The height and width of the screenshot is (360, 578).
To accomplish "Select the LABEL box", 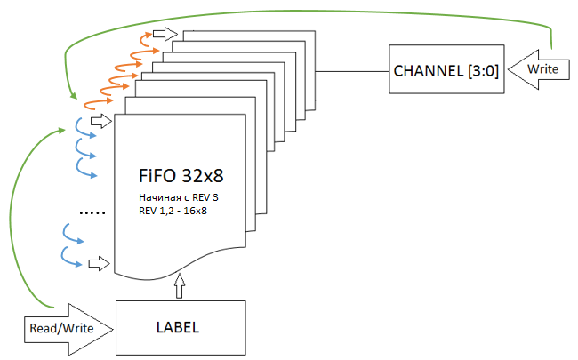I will (x=180, y=327).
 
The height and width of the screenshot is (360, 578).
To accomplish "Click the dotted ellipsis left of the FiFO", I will (x=92, y=212).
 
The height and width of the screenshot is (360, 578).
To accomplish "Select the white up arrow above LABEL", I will (x=181, y=287).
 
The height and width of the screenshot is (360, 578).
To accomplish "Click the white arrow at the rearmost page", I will (x=164, y=33).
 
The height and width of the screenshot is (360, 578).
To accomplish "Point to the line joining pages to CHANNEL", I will (x=352, y=70).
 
